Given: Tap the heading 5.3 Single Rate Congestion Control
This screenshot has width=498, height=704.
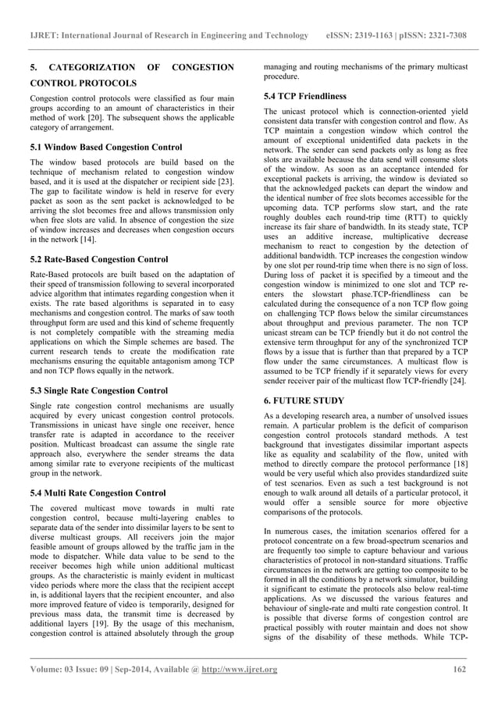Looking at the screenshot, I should (100, 391).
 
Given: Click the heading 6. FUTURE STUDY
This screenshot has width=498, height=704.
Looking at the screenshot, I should (302, 399).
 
